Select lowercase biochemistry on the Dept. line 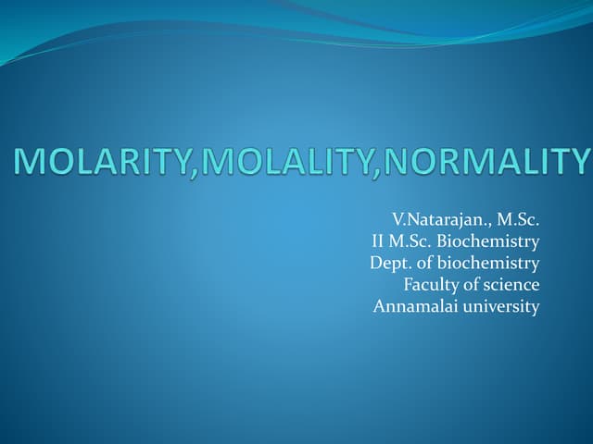(x=488, y=263)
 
